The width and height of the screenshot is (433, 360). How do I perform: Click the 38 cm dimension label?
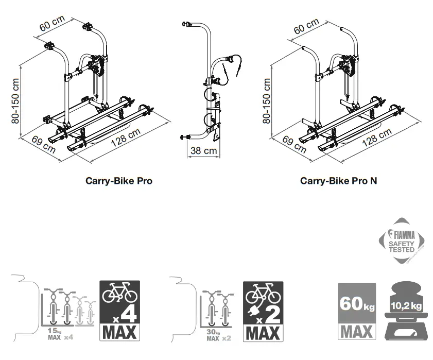coord(203,151)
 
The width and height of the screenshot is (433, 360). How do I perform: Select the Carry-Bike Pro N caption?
coord(338,181)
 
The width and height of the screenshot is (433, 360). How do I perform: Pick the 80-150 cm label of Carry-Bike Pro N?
coord(267,100)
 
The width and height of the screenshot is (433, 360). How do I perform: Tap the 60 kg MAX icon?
coord(356,311)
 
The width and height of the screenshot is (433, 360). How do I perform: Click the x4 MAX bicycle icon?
coord(119,310)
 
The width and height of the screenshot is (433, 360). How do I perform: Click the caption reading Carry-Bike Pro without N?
coord(119,181)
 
